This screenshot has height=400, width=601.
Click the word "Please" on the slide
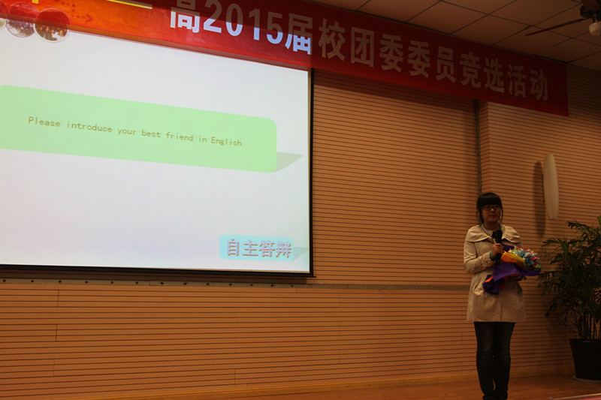44,122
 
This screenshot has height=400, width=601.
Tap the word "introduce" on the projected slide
89,127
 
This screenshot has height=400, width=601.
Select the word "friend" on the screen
180,137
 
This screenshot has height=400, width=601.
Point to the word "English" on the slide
226,141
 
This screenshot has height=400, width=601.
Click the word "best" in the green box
151,134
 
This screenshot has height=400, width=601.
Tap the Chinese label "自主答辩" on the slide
258,248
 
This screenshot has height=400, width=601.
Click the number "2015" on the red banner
243,27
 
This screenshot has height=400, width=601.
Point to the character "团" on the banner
362,49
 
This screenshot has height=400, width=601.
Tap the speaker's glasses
491,208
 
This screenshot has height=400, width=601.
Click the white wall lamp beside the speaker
551,186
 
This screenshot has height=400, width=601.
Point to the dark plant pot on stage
586,359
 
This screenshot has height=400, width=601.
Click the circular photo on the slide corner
52,25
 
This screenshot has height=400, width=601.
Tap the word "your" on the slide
127,131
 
